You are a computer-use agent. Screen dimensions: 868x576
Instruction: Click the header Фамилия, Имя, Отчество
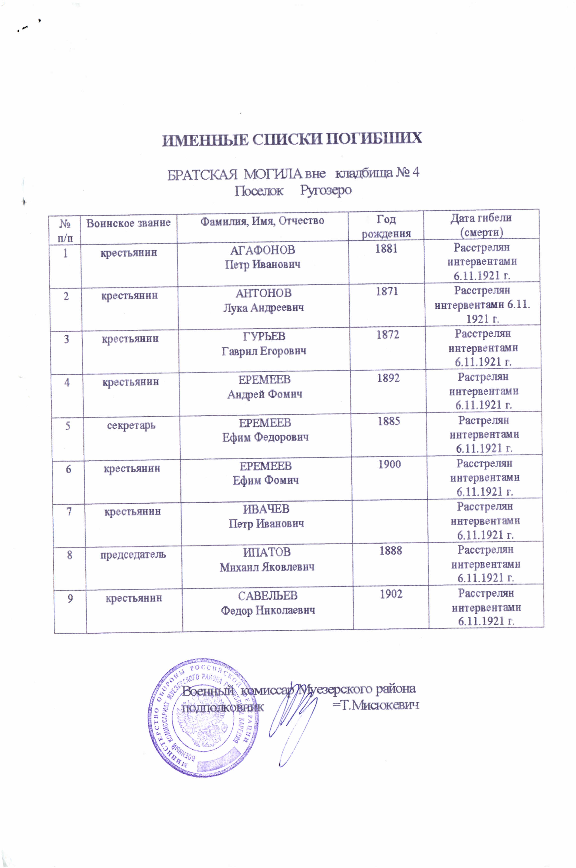point(262,221)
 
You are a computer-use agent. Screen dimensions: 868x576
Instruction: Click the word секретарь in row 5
point(131,425)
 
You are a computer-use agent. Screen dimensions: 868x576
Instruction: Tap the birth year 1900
point(389,465)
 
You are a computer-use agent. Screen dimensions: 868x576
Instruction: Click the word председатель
point(133,555)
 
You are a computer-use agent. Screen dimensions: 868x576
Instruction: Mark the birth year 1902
point(391,594)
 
